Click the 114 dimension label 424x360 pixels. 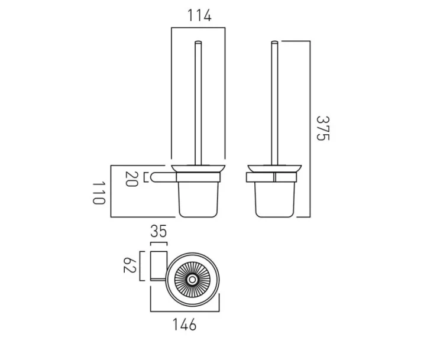coord(199,16)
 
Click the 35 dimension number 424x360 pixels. coord(158,232)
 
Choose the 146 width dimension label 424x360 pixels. coord(185,324)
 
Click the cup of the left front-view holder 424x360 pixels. coord(199,200)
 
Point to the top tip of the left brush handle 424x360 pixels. coord(198,43)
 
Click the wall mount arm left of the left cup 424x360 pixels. coord(161,176)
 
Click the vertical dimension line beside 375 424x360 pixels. coord(310,129)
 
